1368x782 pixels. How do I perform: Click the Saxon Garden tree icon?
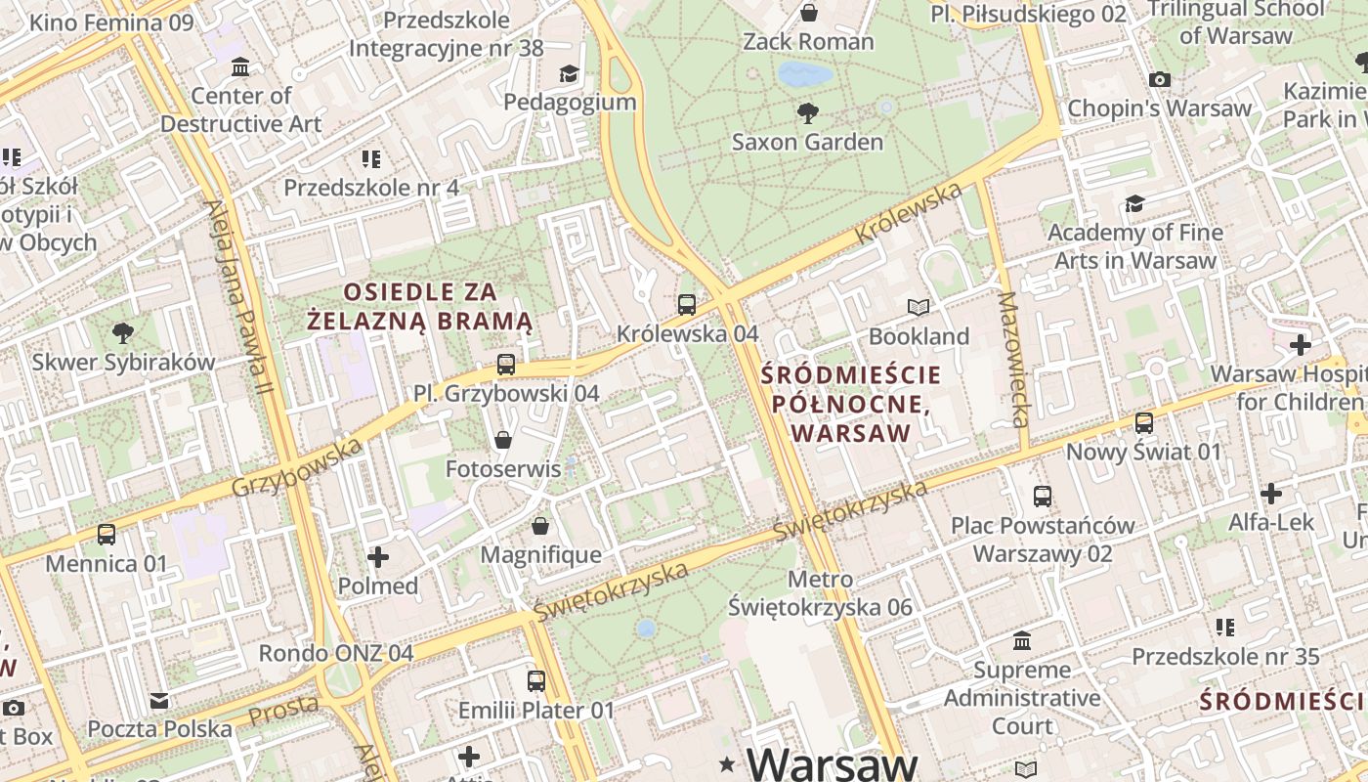pyautogui.click(x=808, y=113)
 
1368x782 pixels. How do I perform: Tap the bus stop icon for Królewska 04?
pyautogui.click(x=687, y=304)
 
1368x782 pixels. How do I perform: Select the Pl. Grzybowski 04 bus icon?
pyautogui.click(x=505, y=365)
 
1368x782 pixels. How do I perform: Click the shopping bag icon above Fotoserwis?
pyautogui.click(x=503, y=440)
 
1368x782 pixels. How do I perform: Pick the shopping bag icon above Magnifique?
pyautogui.click(x=539, y=527)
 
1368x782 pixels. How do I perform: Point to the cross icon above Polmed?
pyautogui.click(x=378, y=557)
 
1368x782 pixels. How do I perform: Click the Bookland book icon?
pyautogui.click(x=918, y=308)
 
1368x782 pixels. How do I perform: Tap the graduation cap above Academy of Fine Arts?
pyautogui.click(x=1134, y=203)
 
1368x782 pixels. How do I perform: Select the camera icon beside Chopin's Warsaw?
pyautogui.click(x=1160, y=80)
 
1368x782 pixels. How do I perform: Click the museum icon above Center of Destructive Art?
pyautogui.click(x=240, y=67)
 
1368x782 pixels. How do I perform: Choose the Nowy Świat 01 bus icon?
pyautogui.click(x=1143, y=423)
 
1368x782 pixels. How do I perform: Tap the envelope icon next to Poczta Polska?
pyautogui.click(x=159, y=701)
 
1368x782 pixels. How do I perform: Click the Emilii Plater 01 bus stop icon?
pyautogui.click(x=535, y=681)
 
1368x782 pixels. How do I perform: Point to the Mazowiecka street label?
pyautogui.click(x=1012, y=359)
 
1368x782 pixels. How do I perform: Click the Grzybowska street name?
pyautogui.click(x=297, y=468)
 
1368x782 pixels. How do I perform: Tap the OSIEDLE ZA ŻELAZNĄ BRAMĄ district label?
pyautogui.click(x=420, y=306)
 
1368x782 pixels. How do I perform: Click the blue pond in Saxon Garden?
pyautogui.click(x=805, y=73)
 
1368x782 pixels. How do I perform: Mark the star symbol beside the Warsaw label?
pyautogui.click(x=727, y=763)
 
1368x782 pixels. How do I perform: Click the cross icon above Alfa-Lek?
pyautogui.click(x=1270, y=494)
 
